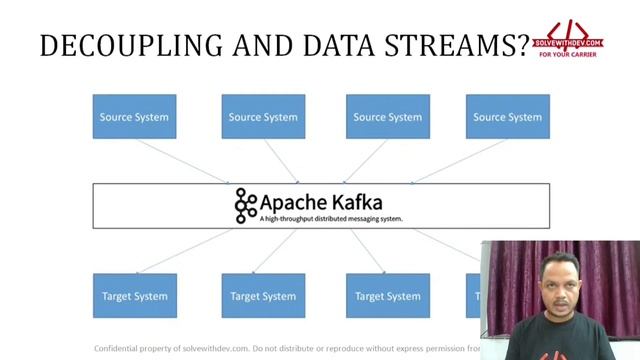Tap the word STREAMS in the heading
456,45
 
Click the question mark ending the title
524,45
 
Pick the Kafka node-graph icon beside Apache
246,205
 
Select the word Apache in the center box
293,200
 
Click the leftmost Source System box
134,117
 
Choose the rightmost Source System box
507,117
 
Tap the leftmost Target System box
134,296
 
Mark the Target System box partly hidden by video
474,296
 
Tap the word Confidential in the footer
120,349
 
